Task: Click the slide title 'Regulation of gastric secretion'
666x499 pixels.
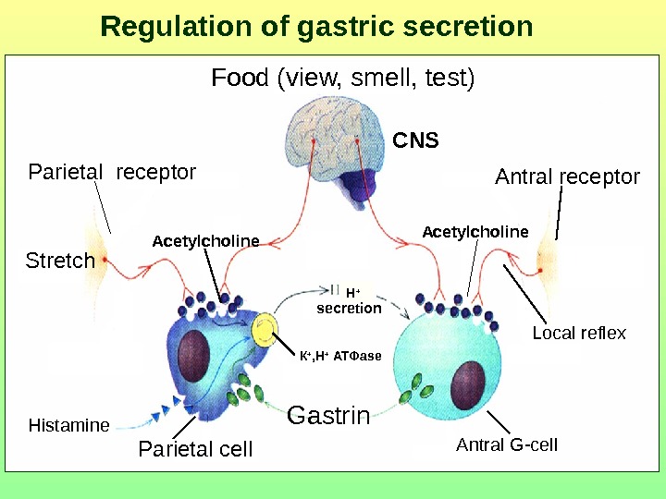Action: click(316, 27)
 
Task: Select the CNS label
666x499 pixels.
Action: click(415, 141)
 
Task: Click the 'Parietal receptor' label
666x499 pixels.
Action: click(112, 172)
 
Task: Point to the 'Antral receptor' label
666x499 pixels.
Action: click(567, 176)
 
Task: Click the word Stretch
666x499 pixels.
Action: click(60, 261)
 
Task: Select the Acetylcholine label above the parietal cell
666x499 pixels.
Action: click(205, 241)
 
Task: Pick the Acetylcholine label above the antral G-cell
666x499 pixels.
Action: click(475, 231)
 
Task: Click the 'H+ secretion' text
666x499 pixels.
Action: click(349, 301)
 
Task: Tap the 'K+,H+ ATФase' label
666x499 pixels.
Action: click(340, 355)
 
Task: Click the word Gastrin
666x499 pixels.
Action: click(328, 416)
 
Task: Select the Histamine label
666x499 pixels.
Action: click(68, 426)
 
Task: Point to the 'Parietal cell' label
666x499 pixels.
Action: click(194, 450)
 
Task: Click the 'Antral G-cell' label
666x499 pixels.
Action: click(507, 444)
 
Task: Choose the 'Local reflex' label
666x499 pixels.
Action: click(579, 333)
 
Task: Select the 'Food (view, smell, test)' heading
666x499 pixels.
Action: click(343, 78)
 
